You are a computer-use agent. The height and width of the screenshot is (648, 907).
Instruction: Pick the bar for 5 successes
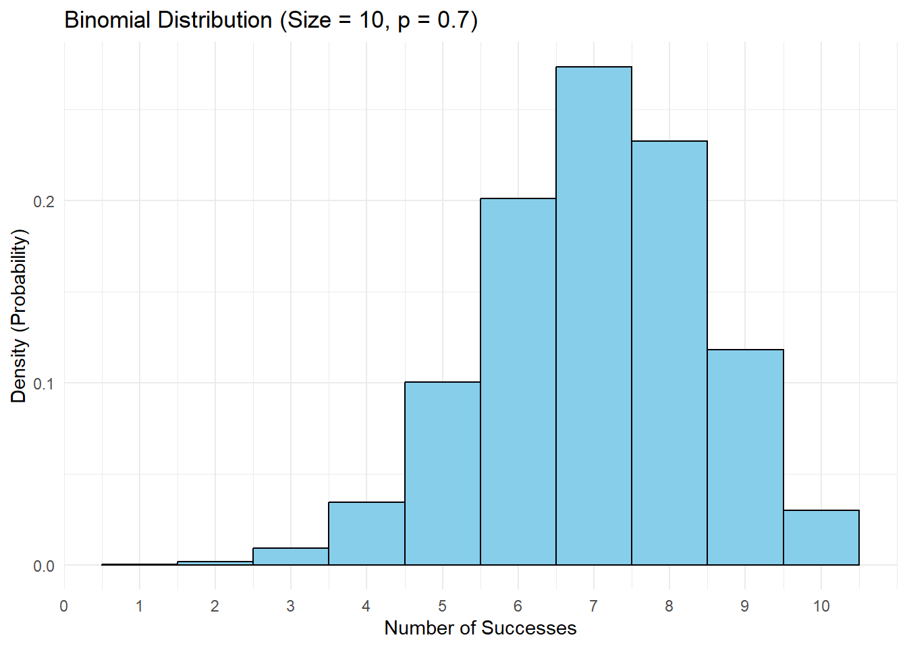[x=443, y=473]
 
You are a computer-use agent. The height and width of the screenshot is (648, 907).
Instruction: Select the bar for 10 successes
[x=821, y=538]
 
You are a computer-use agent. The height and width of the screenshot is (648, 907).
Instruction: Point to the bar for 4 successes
[x=366, y=534]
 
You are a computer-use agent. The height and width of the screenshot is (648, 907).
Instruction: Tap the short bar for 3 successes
[x=291, y=557]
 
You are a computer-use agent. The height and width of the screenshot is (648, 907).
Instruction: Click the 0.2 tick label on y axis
[x=45, y=201]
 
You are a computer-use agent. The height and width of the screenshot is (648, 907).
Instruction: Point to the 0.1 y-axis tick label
[x=45, y=383]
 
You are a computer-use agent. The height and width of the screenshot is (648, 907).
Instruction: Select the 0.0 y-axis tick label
[x=45, y=566]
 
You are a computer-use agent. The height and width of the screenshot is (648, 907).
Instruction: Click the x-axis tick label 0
[x=64, y=606]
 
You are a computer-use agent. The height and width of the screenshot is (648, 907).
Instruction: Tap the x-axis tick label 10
[x=821, y=606]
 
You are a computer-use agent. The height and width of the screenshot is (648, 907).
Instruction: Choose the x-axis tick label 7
[x=594, y=606]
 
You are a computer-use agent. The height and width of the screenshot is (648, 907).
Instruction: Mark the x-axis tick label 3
[x=291, y=606]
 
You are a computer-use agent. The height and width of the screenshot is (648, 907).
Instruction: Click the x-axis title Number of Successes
[x=480, y=628]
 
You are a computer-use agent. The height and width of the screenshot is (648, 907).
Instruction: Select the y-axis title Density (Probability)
[x=19, y=316]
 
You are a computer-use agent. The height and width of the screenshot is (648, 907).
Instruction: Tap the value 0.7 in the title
[x=452, y=20]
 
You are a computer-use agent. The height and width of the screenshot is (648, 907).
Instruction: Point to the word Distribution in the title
[x=216, y=20]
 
